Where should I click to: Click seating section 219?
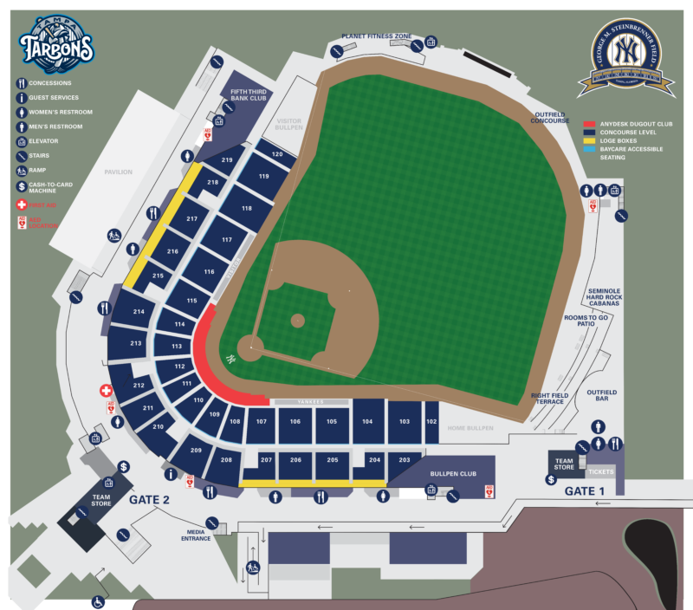pyautogui.click(x=228, y=160)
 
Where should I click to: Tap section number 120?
pyautogui.click(x=277, y=154)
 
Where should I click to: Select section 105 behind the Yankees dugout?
pyautogui.click(x=331, y=421)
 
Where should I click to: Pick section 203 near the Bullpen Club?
pyautogui.click(x=404, y=460)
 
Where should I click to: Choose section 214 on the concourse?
pyautogui.click(x=138, y=311)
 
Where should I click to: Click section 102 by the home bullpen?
pyautogui.click(x=431, y=421)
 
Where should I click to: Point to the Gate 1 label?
pyautogui.click(x=585, y=490)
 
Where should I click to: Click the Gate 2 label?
pyautogui.click(x=149, y=501)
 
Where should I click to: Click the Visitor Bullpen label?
pyautogui.click(x=288, y=125)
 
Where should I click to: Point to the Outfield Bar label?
pyautogui.click(x=601, y=396)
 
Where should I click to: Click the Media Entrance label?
pyautogui.click(x=197, y=535)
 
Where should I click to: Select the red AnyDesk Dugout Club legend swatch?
pyautogui.click(x=588, y=124)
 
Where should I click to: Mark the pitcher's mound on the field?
pyautogui.click(x=297, y=320)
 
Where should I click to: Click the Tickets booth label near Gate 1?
pyautogui.click(x=600, y=472)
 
